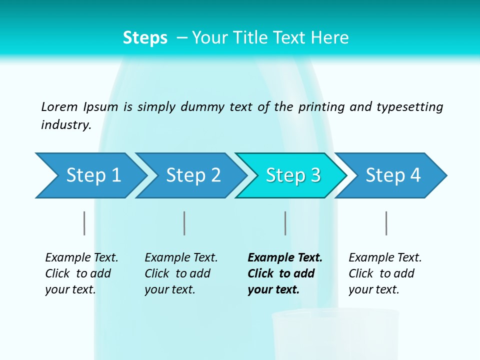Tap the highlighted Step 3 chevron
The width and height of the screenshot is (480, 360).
[292, 175]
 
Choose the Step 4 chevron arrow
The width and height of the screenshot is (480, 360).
[392, 175]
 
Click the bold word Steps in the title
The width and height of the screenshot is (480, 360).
[145, 38]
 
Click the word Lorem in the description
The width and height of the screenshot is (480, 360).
[59, 107]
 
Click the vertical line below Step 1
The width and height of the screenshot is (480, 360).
[84, 223]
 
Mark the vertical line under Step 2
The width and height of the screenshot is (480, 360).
[184, 223]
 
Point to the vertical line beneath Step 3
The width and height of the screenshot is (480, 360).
[285, 223]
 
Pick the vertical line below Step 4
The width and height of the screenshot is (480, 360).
[386, 223]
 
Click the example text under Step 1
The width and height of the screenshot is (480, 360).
[81, 273]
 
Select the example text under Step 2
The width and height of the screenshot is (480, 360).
[181, 273]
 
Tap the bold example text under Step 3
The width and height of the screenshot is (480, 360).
[285, 273]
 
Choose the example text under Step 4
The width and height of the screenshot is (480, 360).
[385, 273]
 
